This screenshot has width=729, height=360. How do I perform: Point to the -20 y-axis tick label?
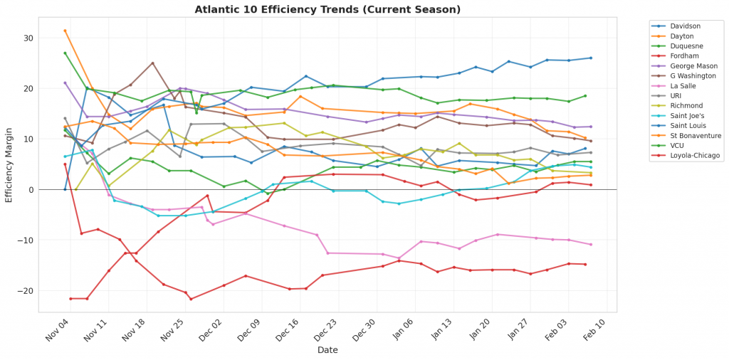[26, 291]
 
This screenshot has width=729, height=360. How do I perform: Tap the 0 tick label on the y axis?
[32, 190]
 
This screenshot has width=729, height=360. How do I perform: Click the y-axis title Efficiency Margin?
[9, 164]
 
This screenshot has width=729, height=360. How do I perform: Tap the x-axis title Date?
[327, 349]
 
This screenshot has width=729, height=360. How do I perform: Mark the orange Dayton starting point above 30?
[65, 31]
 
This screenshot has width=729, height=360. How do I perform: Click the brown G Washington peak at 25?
[152, 63]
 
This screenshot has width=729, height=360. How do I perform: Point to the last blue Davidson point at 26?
[591, 58]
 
